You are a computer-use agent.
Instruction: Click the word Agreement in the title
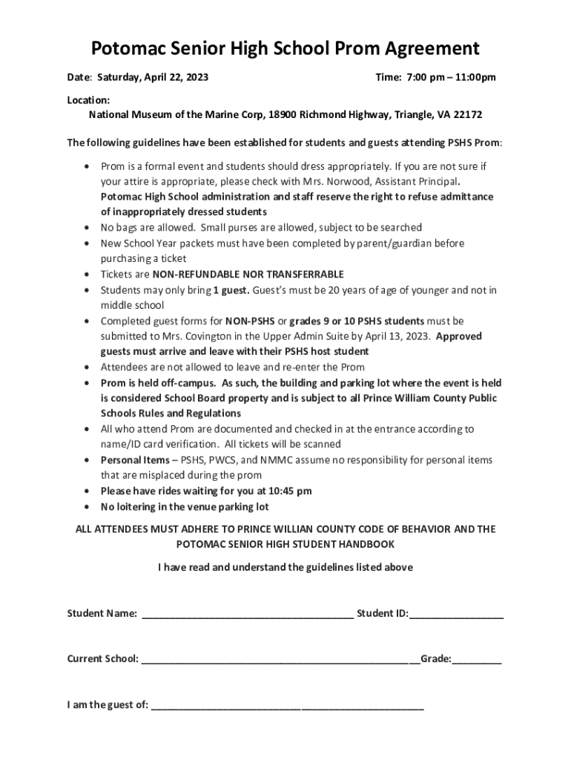tap(421, 49)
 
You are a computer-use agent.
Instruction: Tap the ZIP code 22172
tap(468, 115)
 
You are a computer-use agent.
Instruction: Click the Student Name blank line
tap(247, 615)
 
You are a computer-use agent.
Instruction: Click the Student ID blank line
tap(456, 615)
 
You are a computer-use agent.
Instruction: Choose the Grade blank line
tap(477, 659)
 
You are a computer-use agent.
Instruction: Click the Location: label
tap(89, 99)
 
